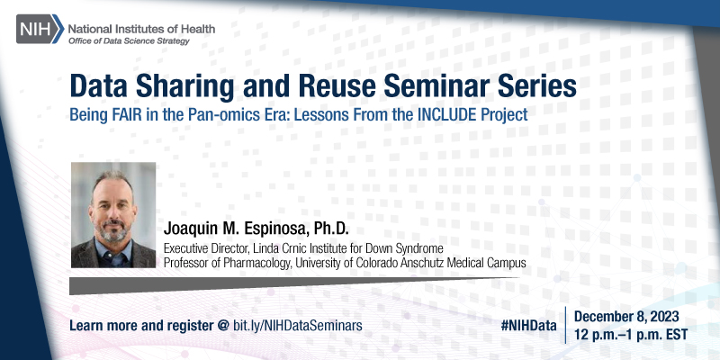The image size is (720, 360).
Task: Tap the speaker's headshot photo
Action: [x=114, y=215]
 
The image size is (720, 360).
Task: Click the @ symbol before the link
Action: [x=222, y=323]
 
